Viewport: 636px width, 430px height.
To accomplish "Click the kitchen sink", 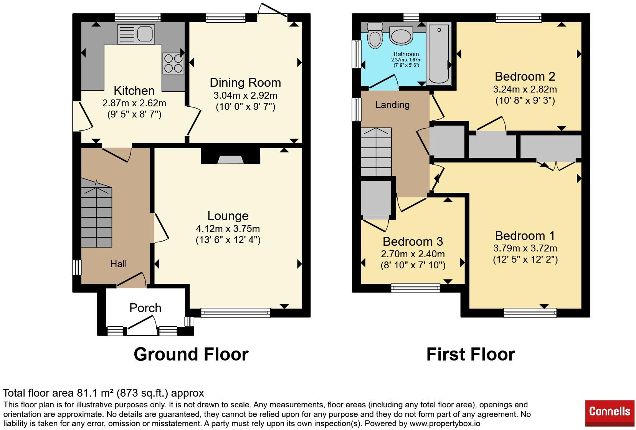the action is (136, 34).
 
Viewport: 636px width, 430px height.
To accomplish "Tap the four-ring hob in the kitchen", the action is (173, 63).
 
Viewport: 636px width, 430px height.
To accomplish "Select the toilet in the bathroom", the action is (375, 35).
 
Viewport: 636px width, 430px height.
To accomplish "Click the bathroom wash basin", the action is (401, 35).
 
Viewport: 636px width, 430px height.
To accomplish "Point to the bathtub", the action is (439, 54).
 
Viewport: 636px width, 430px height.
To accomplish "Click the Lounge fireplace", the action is (231, 155).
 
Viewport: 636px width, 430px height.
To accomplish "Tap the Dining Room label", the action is (245, 83).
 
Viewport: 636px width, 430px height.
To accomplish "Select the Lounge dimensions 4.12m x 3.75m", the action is (228, 229).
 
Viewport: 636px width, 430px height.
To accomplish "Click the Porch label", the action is (145, 308).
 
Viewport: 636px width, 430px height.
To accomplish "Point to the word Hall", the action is (118, 264).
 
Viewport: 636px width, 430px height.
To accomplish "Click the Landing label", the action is (392, 105).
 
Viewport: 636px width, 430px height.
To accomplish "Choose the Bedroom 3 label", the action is (413, 241).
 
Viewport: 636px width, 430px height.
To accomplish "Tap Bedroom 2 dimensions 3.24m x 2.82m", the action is (525, 89).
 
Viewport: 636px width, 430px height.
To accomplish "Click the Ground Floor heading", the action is (191, 354).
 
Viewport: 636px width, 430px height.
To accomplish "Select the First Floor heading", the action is (471, 354).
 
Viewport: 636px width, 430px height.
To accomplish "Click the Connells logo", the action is (610, 413).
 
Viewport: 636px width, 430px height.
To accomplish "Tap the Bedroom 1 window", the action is (530, 313).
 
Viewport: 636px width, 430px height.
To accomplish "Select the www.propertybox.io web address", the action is (445, 423).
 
